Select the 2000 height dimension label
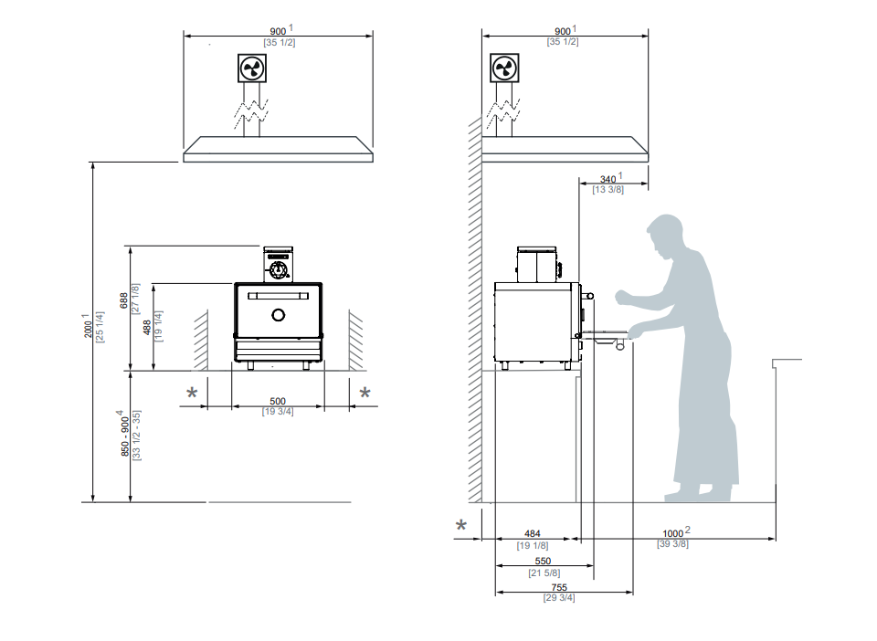point(88,328)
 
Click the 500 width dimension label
point(278,401)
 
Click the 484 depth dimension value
point(532,533)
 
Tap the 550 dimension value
point(543,562)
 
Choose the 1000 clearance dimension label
point(673,533)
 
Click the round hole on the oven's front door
point(279,316)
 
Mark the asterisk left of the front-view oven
point(193,393)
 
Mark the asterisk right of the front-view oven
point(365,393)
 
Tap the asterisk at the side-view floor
point(461,525)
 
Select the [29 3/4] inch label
point(559,598)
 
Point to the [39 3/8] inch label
point(672,544)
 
